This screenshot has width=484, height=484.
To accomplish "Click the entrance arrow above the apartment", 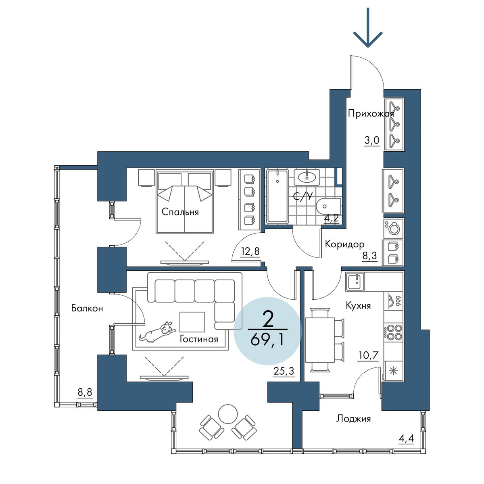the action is (x=368, y=28).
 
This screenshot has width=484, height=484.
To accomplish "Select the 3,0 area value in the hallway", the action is (x=372, y=141).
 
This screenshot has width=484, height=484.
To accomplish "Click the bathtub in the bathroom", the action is (x=277, y=196).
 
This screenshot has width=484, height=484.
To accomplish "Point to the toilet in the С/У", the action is (x=329, y=207).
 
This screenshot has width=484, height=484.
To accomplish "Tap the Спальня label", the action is (x=180, y=212).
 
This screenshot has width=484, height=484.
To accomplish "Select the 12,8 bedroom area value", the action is (x=250, y=251).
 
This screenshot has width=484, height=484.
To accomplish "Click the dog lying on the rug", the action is (x=157, y=332).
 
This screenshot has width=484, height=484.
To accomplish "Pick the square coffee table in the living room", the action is (x=192, y=322).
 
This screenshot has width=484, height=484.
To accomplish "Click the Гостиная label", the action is (x=199, y=340).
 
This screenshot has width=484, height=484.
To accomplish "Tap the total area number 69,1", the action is (x=267, y=340).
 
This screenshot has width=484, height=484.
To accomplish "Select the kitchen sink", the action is (x=355, y=282).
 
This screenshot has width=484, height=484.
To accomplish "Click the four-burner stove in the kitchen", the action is (x=394, y=332).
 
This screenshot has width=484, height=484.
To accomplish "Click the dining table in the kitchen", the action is (x=320, y=340).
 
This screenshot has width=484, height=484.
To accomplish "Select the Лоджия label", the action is (x=353, y=419).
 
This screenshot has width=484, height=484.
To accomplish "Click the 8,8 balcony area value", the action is (x=85, y=392).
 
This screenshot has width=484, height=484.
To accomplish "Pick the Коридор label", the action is (x=344, y=244).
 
